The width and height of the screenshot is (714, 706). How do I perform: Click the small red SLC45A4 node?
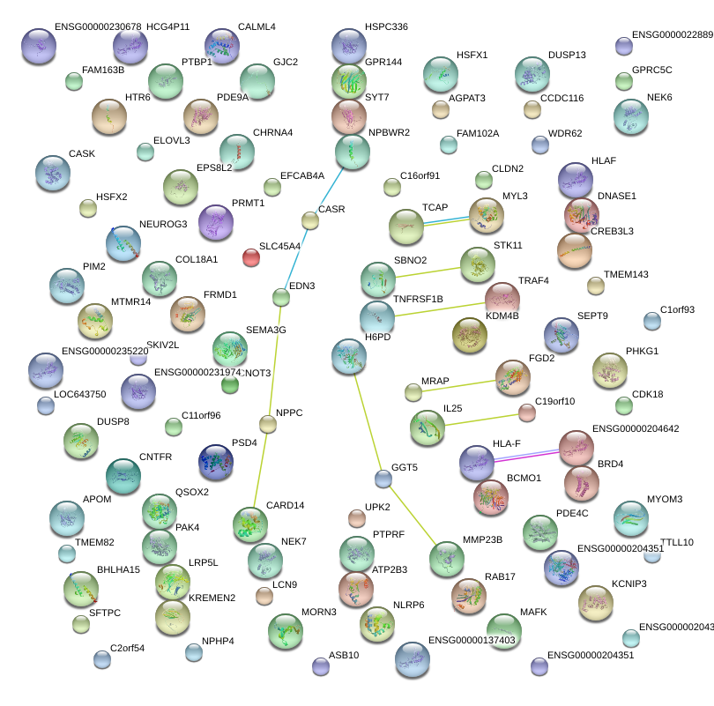[x=251, y=257]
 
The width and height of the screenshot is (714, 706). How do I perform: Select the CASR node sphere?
[x=309, y=219]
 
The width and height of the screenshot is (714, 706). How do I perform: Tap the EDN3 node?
[x=281, y=298]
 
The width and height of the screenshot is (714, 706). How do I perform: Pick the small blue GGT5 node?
[x=383, y=479]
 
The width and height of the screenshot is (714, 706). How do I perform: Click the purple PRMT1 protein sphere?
[x=215, y=222]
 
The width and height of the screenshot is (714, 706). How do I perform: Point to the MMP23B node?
[x=447, y=559]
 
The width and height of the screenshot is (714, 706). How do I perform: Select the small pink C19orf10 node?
[x=526, y=412]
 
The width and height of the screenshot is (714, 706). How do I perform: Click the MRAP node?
[x=413, y=391]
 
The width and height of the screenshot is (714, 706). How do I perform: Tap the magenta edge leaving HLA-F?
[x=527, y=455]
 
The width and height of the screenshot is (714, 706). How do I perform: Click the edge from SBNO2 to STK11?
[x=428, y=271]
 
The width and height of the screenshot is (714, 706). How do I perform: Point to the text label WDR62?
[x=565, y=134]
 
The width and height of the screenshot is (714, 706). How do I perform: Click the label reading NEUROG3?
[x=163, y=225]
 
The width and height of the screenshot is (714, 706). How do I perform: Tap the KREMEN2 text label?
[x=212, y=598]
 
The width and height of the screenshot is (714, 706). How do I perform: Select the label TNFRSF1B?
[x=418, y=299]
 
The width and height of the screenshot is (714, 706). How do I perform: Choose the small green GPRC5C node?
[x=624, y=81]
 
